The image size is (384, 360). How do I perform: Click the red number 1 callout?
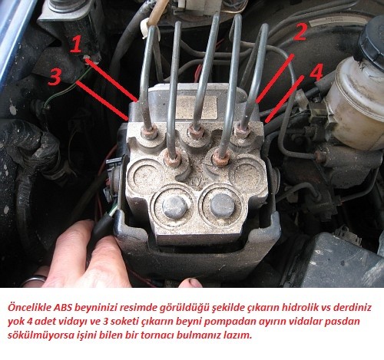click(x=76, y=44)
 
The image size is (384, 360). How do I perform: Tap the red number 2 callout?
click(x=300, y=31)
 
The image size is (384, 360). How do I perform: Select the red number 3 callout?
click(x=55, y=77)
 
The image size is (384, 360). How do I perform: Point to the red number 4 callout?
click(x=316, y=72)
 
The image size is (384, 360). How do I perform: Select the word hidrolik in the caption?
click(x=301, y=307)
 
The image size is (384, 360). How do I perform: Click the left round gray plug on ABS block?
click(x=175, y=206)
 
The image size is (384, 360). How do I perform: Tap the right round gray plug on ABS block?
click(x=223, y=206)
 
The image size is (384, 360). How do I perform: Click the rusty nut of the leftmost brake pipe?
click(x=149, y=131)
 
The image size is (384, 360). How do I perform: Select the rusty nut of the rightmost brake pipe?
click(x=240, y=130)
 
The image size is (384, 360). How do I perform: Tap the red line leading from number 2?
click(x=275, y=78)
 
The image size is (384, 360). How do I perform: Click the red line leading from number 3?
click(x=103, y=101)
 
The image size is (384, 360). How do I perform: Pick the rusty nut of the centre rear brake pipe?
click(x=196, y=132)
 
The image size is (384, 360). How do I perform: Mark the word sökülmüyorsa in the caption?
click(x=38, y=335)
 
